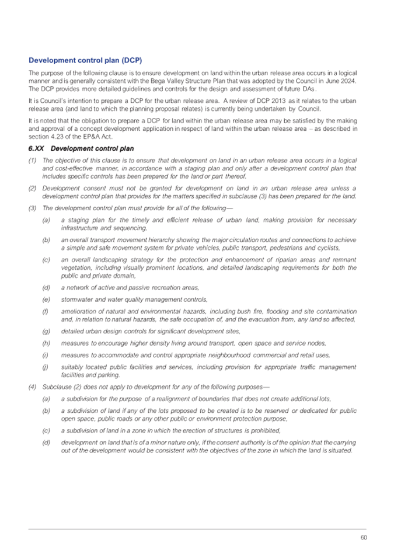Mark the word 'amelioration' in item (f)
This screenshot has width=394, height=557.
point(79,311)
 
